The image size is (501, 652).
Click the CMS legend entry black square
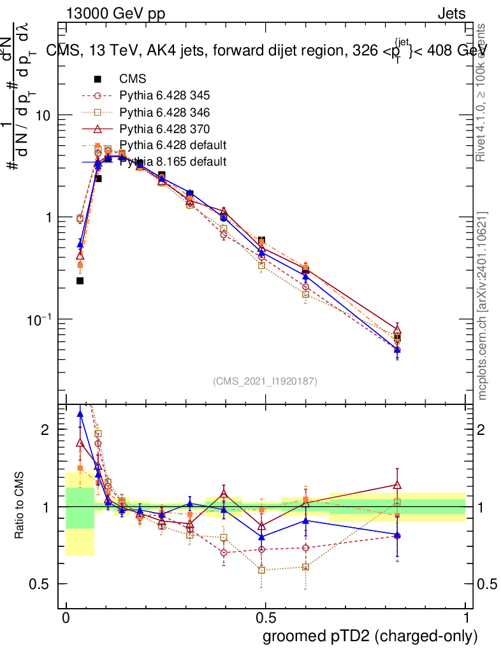tap(98, 79)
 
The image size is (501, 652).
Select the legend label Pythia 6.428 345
tap(164, 96)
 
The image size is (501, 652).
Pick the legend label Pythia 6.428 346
tap(164, 112)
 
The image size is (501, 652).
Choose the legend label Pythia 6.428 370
tap(164, 129)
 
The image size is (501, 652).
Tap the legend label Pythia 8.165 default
tap(173, 162)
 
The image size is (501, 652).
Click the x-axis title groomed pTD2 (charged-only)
tap(369, 636)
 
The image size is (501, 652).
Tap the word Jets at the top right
tap(451, 14)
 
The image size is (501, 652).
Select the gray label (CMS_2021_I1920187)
tap(265, 381)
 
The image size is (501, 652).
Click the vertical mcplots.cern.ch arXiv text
tap(483, 306)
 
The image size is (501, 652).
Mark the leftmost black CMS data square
tap(80, 280)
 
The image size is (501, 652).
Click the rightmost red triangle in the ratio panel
tap(397, 485)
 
